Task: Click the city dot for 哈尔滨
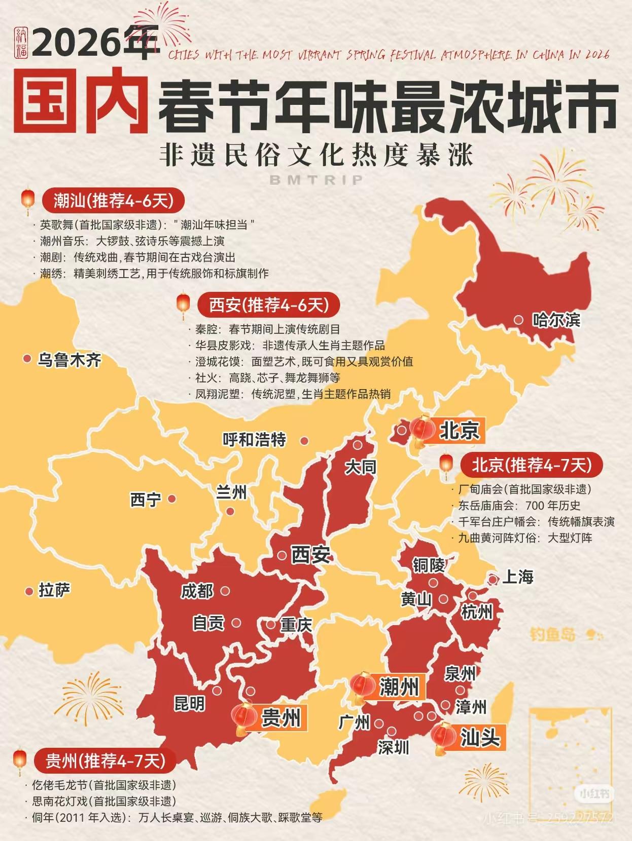(x=518, y=320)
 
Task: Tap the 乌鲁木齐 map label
(x=69, y=360)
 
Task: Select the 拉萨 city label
(x=55, y=590)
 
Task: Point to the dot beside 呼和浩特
(x=304, y=441)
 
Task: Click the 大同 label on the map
(x=361, y=467)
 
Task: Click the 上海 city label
(x=518, y=577)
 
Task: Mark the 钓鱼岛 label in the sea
(x=553, y=634)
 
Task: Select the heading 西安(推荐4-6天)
(x=269, y=305)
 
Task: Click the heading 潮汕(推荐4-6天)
(x=114, y=201)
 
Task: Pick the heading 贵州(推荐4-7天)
(x=106, y=760)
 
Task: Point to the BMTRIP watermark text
(x=317, y=180)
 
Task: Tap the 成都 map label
(x=197, y=591)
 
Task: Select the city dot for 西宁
(x=172, y=499)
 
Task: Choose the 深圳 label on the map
(x=393, y=747)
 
